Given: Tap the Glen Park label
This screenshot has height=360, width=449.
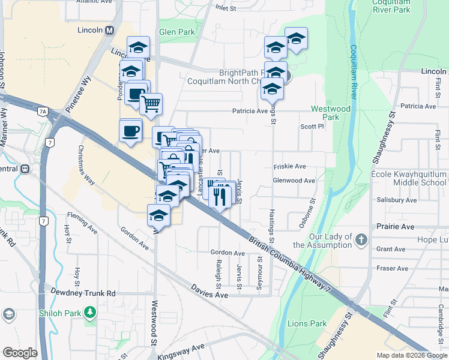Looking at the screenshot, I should [x=176, y=32].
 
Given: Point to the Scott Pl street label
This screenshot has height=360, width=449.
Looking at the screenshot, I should [x=312, y=127].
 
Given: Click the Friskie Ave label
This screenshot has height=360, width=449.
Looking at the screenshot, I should [x=289, y=166].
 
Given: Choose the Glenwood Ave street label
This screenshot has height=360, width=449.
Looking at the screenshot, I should [x=294, y=181].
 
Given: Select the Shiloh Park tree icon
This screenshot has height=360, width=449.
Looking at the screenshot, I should [x=89, y=311].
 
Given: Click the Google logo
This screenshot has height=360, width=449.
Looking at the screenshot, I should [x=20, y=352].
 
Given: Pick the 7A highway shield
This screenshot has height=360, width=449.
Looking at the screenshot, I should [x=42, y=112].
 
